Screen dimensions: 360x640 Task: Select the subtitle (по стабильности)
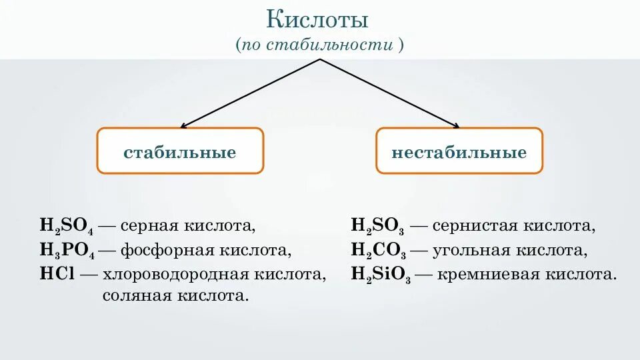point(319,45)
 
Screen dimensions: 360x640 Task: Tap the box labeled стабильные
point(180,152)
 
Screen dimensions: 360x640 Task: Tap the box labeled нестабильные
point(459,152)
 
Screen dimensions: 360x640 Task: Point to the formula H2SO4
point(67,227)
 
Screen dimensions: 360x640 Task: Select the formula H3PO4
point(67,251)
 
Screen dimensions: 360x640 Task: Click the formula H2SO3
point(378,227)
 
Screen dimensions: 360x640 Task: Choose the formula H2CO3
point(378,251)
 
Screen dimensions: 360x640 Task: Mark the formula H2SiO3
point(381,275)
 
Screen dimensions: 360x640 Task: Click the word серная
point(147,226)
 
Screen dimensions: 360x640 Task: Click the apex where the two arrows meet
point(320,59)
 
